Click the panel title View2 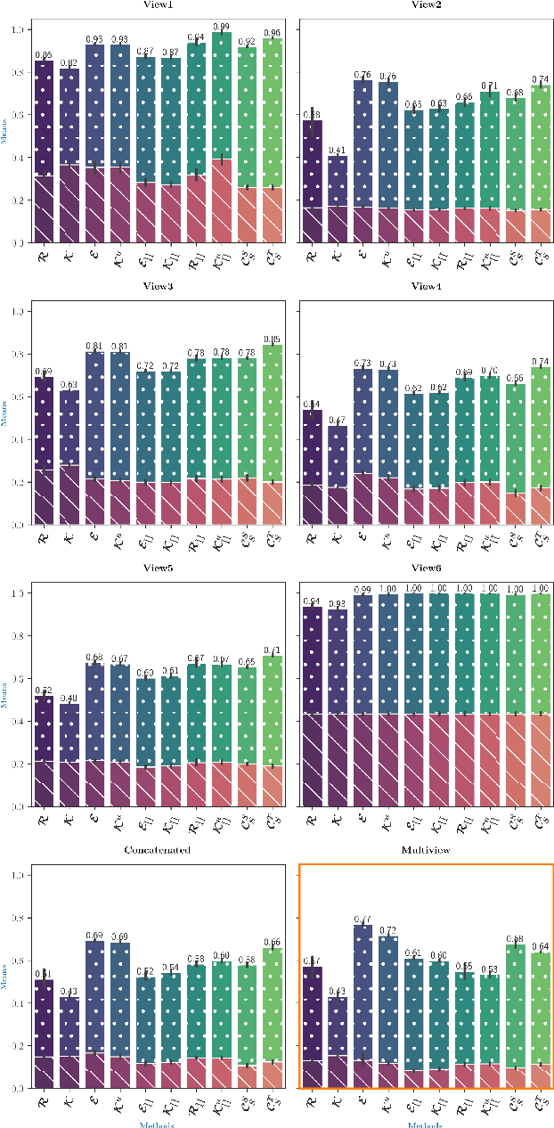tap(426, 4)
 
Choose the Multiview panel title tap(426, 851)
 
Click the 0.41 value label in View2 tap(337, 150)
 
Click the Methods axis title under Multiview tap(426, 1124)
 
